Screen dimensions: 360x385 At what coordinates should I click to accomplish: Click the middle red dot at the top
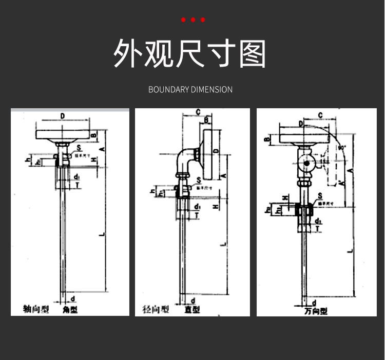(193, 20)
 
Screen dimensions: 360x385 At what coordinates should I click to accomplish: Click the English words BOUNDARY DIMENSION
(190, 90)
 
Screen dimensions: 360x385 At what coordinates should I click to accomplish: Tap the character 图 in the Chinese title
(253, 53)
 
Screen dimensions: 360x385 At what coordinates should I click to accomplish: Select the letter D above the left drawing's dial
(63, 116)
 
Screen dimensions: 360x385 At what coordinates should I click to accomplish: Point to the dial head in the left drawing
(63, 135)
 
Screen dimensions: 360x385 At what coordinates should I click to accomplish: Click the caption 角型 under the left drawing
(70, 309)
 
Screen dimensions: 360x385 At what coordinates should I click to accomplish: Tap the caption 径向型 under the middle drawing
(155, 309)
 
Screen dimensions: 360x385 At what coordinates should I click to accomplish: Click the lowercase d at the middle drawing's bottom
(192, 301)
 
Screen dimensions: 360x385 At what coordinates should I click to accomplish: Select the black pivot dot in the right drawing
(306, 165)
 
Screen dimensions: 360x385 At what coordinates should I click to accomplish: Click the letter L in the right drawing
(350, 250)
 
